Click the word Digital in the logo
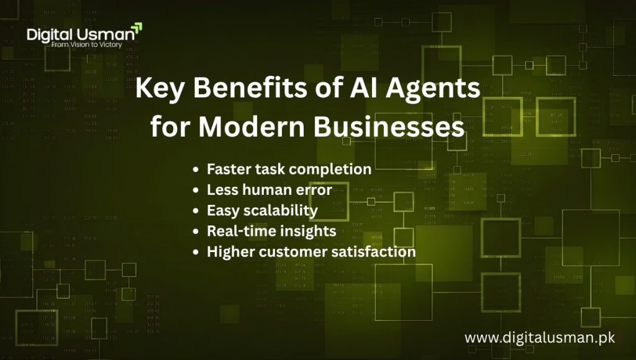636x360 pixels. pos(52,34)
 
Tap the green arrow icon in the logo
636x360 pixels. pos(137,27)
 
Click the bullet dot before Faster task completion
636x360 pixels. pos(196,169)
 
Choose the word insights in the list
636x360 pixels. pos(307,232)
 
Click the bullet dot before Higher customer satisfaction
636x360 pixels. pos(196,253)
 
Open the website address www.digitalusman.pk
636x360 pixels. pos(539,338)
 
